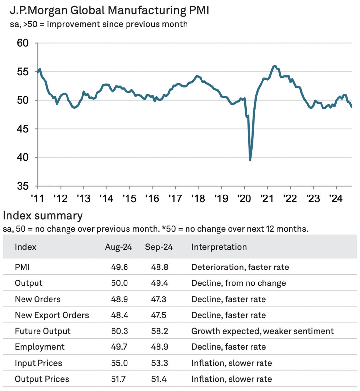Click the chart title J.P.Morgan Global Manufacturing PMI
pyautogui.click(x=109, y=10)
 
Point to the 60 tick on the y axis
pyautogui.click(x=23, y=43)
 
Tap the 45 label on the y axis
pyautogui.click(x=23, y=129)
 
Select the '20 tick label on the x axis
pyautogui.click(x=245, y=198)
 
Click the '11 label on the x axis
pyautogui.click(x=37, y=198)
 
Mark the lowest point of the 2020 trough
pyautogui.click(x=250, y=160)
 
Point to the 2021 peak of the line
pyautogui.click(x=275, y=66)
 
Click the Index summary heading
pyautogui.click(x=43, y=216)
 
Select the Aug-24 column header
pyautogui.click(x=118, y=247)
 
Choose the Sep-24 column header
pyautogui.click(x=159, y=247)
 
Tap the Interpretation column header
pyautogui.click(x=219, y=247)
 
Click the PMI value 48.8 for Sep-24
pyautogui.click(x=159, y=267)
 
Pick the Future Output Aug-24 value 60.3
pyautogui.click(x=119, y=331)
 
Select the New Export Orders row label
pyautogui.click(x=52, y=315)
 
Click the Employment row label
pyautogui.click(x=39, y=347)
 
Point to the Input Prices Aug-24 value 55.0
pyautogui.click(x=119, y=363)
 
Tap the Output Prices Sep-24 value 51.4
pyautogui.click(x=159, y=379)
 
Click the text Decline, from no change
pyautogui.click(x=238, y=283)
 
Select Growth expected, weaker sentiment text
pyautogui.click(x=262, y=331)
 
